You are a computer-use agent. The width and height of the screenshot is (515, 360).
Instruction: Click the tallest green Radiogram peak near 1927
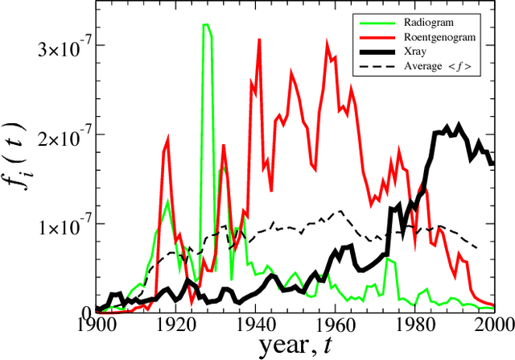pyautogui.click(x=206, y=26)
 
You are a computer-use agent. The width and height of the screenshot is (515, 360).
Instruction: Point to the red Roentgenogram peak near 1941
pyautogui.click(x=259, y=39)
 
